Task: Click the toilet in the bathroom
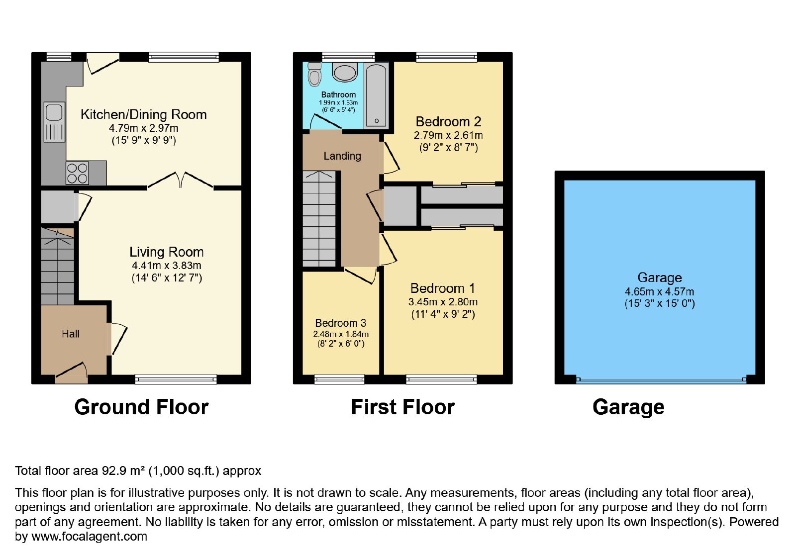click(x=314, y=74)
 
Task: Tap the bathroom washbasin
click(x=344, y=72)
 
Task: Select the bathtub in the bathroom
click(x=377, y=95)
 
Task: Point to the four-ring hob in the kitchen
click(x=77, y=173)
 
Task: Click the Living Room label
click(x=166, y=252)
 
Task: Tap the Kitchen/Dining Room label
click(x=144, y=114)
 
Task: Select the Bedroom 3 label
click(x=340, y=323)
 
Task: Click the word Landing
click(x=342, y=156)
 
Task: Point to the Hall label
click(x=70, y=334)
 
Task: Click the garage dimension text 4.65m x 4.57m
click(x=659, y=291)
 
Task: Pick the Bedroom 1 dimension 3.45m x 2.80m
click(x=443, y=302)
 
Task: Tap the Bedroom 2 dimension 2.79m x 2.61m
click(x=448, y=135)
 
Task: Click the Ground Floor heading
click(x=141, y=407)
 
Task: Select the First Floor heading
click(x=402, y=407)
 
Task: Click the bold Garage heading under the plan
click(x=628, y=407)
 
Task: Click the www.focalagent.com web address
click(x=89, y=536)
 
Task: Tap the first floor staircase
click(x=319, y=219)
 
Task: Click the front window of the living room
click(x=176, y=379)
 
